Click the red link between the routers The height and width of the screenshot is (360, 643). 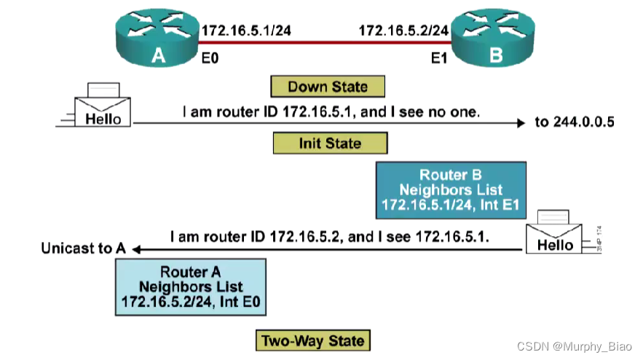[x=324, y=43]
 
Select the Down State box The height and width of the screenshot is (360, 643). [x=327, y=87]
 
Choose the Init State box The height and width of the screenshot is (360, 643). [x=329, y=142]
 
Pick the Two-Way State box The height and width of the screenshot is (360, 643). [x=313, y=340]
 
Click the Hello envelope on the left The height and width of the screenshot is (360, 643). [x=102, y=108]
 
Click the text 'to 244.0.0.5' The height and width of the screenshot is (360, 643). [x=575, y=122]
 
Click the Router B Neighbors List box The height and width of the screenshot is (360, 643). [x=450, y=190]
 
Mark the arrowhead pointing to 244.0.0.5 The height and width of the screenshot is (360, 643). [x=520, y=124]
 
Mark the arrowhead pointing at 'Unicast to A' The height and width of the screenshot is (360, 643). [x=135, y=250]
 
